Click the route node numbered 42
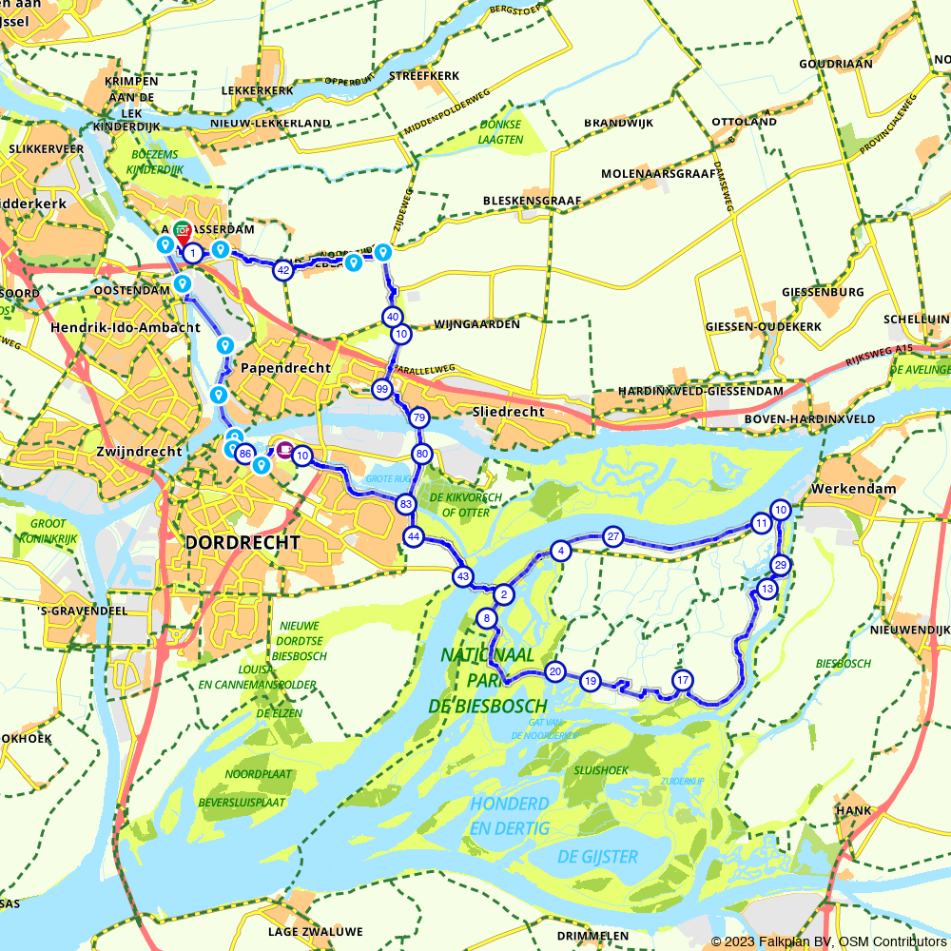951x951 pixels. pos(282,271)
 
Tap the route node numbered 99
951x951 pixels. pos(382,389)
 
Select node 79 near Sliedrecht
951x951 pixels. pos(418,418)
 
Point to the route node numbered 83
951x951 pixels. pos(406,504)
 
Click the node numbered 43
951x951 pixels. pos(463,576)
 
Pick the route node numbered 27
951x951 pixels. pos(613,536)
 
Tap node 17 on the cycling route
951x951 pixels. pos(682,680)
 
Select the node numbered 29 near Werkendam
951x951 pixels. pos(781,566)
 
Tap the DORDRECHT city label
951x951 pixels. pos(243,542)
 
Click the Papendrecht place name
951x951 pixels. pos(285,368)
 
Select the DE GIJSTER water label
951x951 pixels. pos(597,857)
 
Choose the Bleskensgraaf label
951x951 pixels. pos(530,202)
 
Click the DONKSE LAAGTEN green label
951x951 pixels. pos(502,131)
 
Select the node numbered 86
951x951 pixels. pos(244,454)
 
